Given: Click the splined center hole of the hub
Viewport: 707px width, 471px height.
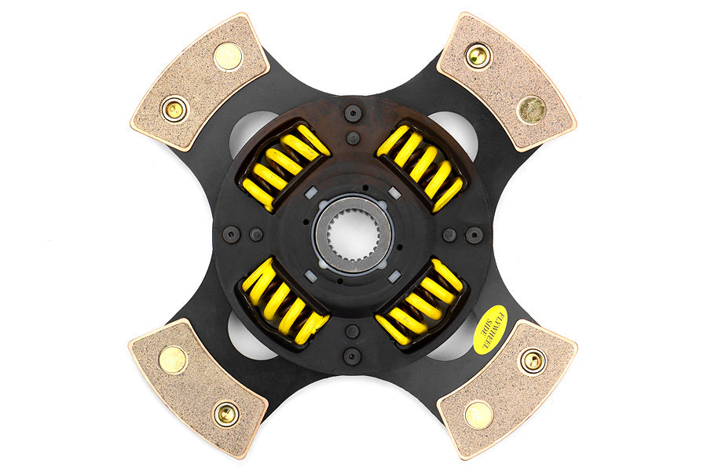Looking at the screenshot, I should click(353, 234).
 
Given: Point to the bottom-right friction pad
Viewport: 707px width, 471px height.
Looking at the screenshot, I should click(507, 386).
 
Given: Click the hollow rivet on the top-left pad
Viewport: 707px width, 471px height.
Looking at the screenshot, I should click(174, 108).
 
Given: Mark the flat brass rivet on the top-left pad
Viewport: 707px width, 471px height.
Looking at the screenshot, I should click(228, 55).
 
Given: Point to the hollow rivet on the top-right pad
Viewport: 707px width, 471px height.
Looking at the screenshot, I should click(478, 55).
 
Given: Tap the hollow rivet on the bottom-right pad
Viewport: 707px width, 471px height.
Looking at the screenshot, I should click(533, 360).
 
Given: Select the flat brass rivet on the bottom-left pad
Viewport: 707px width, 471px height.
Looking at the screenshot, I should click(173, 360).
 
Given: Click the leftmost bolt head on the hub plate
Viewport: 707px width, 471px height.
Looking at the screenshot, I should click(232, 234).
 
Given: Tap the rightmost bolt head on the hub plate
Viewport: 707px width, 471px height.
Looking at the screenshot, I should click(474, 235).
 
